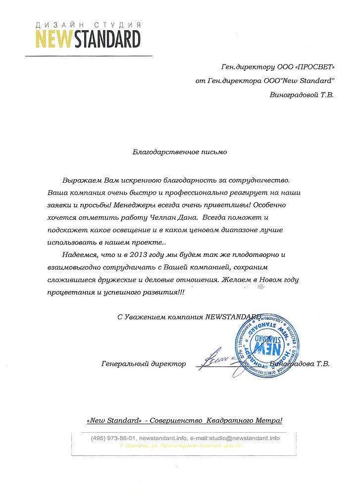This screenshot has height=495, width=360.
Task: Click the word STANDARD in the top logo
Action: (x=107, y=39)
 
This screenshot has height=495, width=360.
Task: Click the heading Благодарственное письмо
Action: (x=180, y=152)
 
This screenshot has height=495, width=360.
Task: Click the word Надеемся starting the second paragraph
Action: (x=81, y=255)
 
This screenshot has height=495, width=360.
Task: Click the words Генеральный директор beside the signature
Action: (x=143, y=364)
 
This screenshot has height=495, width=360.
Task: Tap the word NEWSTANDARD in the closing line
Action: (x=232, y=317)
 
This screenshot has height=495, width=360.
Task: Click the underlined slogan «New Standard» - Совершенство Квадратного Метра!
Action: (x=184, y=421)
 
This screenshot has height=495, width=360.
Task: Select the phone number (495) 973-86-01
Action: (x=113, y=439)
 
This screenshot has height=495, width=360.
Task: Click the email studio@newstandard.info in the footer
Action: (x=245, y=439)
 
